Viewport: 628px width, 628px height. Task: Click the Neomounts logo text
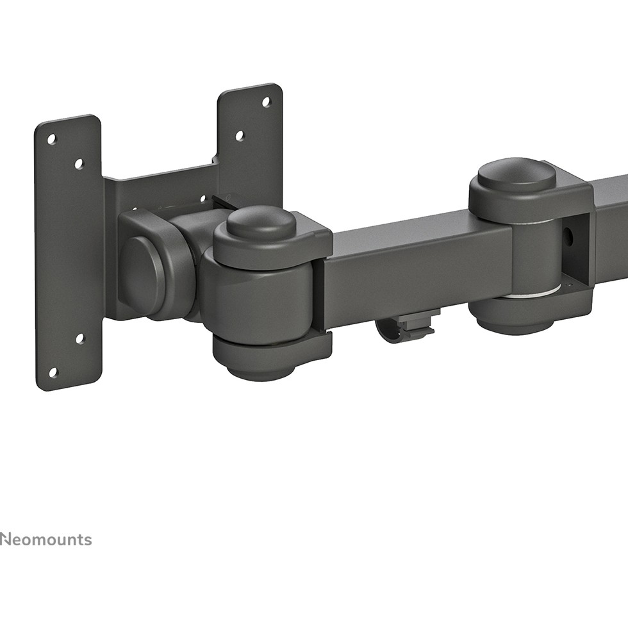[45, 540]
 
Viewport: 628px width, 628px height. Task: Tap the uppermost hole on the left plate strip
[52, 139]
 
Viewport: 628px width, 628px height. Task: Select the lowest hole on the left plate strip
[53, 372]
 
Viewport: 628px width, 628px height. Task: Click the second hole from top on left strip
[79, 164]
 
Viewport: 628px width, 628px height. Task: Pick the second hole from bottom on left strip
[79, 338]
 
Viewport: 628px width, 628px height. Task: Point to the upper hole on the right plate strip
[266, 102]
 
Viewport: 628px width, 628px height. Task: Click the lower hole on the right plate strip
[240, 136]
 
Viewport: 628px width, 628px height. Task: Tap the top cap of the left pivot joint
[261, 222]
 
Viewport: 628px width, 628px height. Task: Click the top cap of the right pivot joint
[516, 175]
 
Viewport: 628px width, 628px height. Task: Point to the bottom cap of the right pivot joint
[513, 321]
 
